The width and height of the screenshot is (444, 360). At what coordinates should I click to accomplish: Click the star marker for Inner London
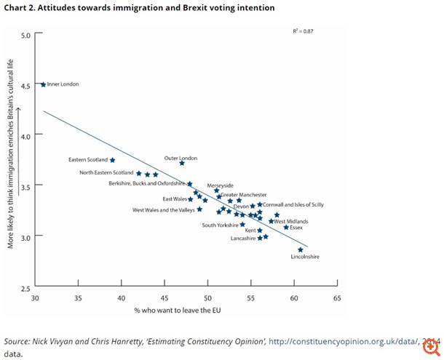coord(43,84)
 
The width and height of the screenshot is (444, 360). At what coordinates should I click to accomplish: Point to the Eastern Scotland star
coord(112,160)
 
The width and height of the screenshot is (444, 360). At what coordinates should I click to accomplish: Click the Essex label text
coord(296,228)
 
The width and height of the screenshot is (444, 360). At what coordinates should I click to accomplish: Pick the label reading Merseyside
coord(221,185)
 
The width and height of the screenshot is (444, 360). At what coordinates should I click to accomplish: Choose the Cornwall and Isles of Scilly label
coord(295,204)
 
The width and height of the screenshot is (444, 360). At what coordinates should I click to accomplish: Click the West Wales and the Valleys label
coord(164,210)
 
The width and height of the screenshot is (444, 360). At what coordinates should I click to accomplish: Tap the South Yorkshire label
coord(221,225)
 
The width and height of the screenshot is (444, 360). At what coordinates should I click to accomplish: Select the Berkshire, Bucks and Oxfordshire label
coord(146,184)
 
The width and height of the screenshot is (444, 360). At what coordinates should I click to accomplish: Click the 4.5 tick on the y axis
coord(27,85)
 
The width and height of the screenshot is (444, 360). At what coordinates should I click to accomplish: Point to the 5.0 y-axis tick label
coord(27,35)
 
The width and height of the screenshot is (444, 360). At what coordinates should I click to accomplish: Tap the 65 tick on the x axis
coord(337,298)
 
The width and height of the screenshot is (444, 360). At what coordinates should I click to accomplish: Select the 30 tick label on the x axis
coord(34,298)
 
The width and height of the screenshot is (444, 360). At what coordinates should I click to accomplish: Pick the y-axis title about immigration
coord(12,165)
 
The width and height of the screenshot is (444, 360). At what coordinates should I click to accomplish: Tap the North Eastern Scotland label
coord(106,172)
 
